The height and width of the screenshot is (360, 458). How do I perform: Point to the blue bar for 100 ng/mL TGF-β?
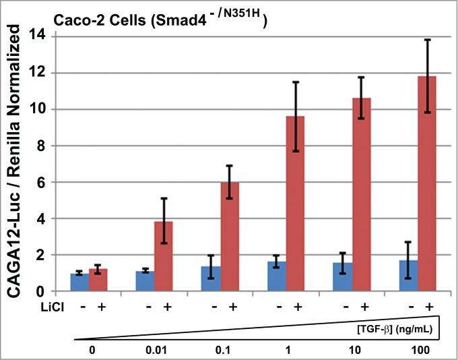click(408, 276)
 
